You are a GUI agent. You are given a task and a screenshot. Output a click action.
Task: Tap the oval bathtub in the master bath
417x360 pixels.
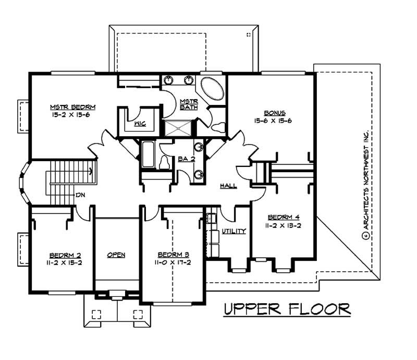pos(211,90)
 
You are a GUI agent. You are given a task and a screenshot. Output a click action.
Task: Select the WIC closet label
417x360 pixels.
pos(139,124)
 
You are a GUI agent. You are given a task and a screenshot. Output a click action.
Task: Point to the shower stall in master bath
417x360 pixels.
pos(178,127)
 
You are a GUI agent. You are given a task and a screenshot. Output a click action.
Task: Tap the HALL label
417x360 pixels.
pos(229,186)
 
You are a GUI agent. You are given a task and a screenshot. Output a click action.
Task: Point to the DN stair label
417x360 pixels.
pos(80,195)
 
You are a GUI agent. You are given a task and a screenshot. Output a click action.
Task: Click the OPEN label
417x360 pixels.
pos(116,255)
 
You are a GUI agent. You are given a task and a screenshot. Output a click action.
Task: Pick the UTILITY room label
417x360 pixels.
pos(234,231)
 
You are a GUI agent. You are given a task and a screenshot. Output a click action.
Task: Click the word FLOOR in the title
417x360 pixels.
pos(320,309)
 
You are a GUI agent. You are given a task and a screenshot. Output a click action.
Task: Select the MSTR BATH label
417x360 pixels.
pos(186,104)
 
